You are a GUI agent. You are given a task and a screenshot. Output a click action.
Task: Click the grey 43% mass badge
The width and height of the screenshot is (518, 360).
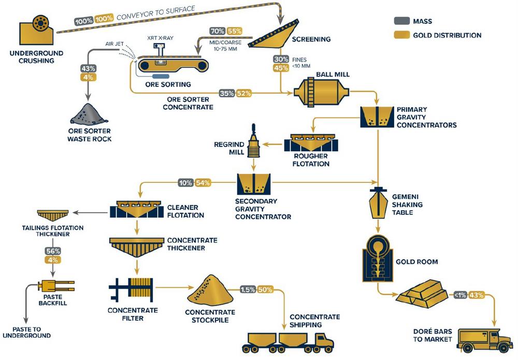pos(87,68)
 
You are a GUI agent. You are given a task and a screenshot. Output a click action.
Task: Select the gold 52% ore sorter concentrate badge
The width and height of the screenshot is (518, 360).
pos(243,94)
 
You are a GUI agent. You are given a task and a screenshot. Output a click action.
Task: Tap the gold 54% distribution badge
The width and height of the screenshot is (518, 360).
pos(203,182)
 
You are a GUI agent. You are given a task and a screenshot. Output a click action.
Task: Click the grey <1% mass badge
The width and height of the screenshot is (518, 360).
pos(459,295)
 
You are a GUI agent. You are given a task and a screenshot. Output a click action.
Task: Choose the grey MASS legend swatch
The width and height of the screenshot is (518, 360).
pos(401,21)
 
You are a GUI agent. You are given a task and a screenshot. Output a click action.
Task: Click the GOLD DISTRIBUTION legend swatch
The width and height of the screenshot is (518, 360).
pos(401,35)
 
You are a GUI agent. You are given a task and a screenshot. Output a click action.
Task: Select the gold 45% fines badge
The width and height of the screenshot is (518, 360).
pos(281,67)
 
